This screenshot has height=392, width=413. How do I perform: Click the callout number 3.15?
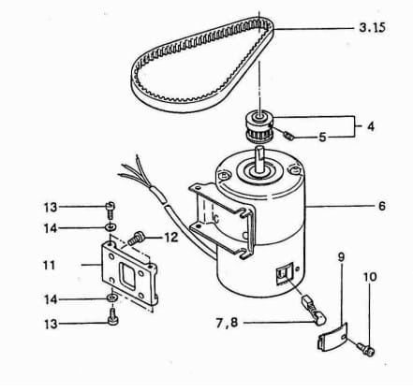pos(372,27)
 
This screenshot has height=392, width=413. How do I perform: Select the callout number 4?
pos(371,126)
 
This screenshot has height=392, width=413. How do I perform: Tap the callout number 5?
pos(323,137)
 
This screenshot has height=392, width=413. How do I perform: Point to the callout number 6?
pos(382,206)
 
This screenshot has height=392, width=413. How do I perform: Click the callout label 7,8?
pos(227,323)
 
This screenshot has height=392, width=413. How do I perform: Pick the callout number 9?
pos(341,257)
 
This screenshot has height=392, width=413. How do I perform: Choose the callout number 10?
pos(370,277)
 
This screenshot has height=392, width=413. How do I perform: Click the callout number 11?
pos(50,266)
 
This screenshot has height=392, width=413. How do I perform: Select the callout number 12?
pos(171,238)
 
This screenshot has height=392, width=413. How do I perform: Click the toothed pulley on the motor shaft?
pos(258,127)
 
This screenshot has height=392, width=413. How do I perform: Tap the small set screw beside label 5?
pos(289,136)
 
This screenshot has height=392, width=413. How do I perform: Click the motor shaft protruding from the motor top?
pos(260,158)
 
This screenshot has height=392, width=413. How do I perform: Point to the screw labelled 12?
pos(136,239)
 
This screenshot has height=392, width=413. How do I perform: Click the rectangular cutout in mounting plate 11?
pos(127,276)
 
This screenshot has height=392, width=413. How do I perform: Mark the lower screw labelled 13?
pos(112,317)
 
